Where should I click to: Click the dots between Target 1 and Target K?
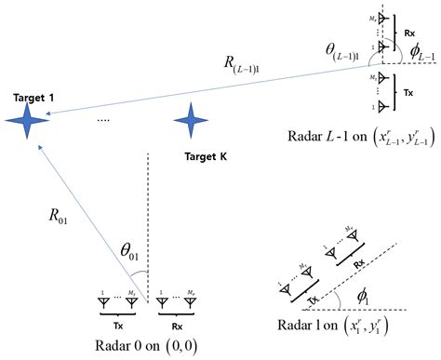(x=103, y=119)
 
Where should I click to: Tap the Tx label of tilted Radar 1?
(x=305, y=299)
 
